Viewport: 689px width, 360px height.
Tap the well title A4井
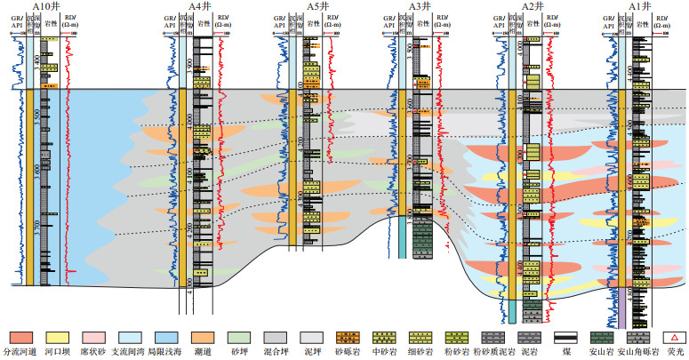[199, 6]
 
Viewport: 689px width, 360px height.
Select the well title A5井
[317, 6]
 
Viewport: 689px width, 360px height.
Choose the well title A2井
[534, 6]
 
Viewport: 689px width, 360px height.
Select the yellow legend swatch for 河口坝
[58, 338]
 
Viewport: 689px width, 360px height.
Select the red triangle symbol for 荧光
[674, 338]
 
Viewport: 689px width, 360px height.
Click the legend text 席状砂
[94, 353]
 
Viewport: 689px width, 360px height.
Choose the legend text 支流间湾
[131, 353]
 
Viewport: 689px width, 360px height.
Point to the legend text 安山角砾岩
[637, 353]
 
